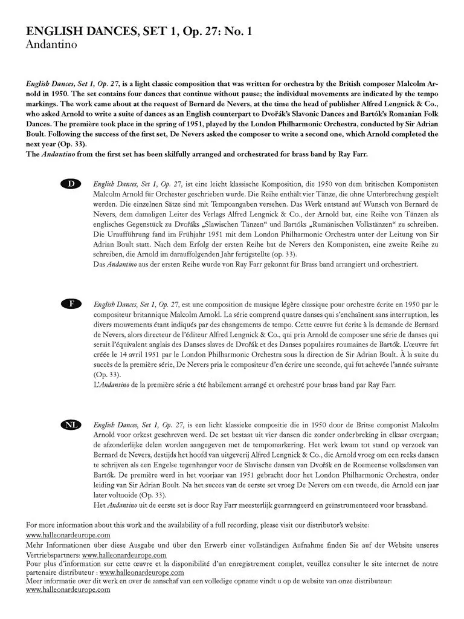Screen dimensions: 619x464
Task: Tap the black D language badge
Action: point(71,183)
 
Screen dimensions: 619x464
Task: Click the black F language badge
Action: point(71,303)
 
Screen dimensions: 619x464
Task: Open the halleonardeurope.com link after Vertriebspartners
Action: point(124,554)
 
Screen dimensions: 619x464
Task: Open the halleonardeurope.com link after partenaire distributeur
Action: point(142,572)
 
